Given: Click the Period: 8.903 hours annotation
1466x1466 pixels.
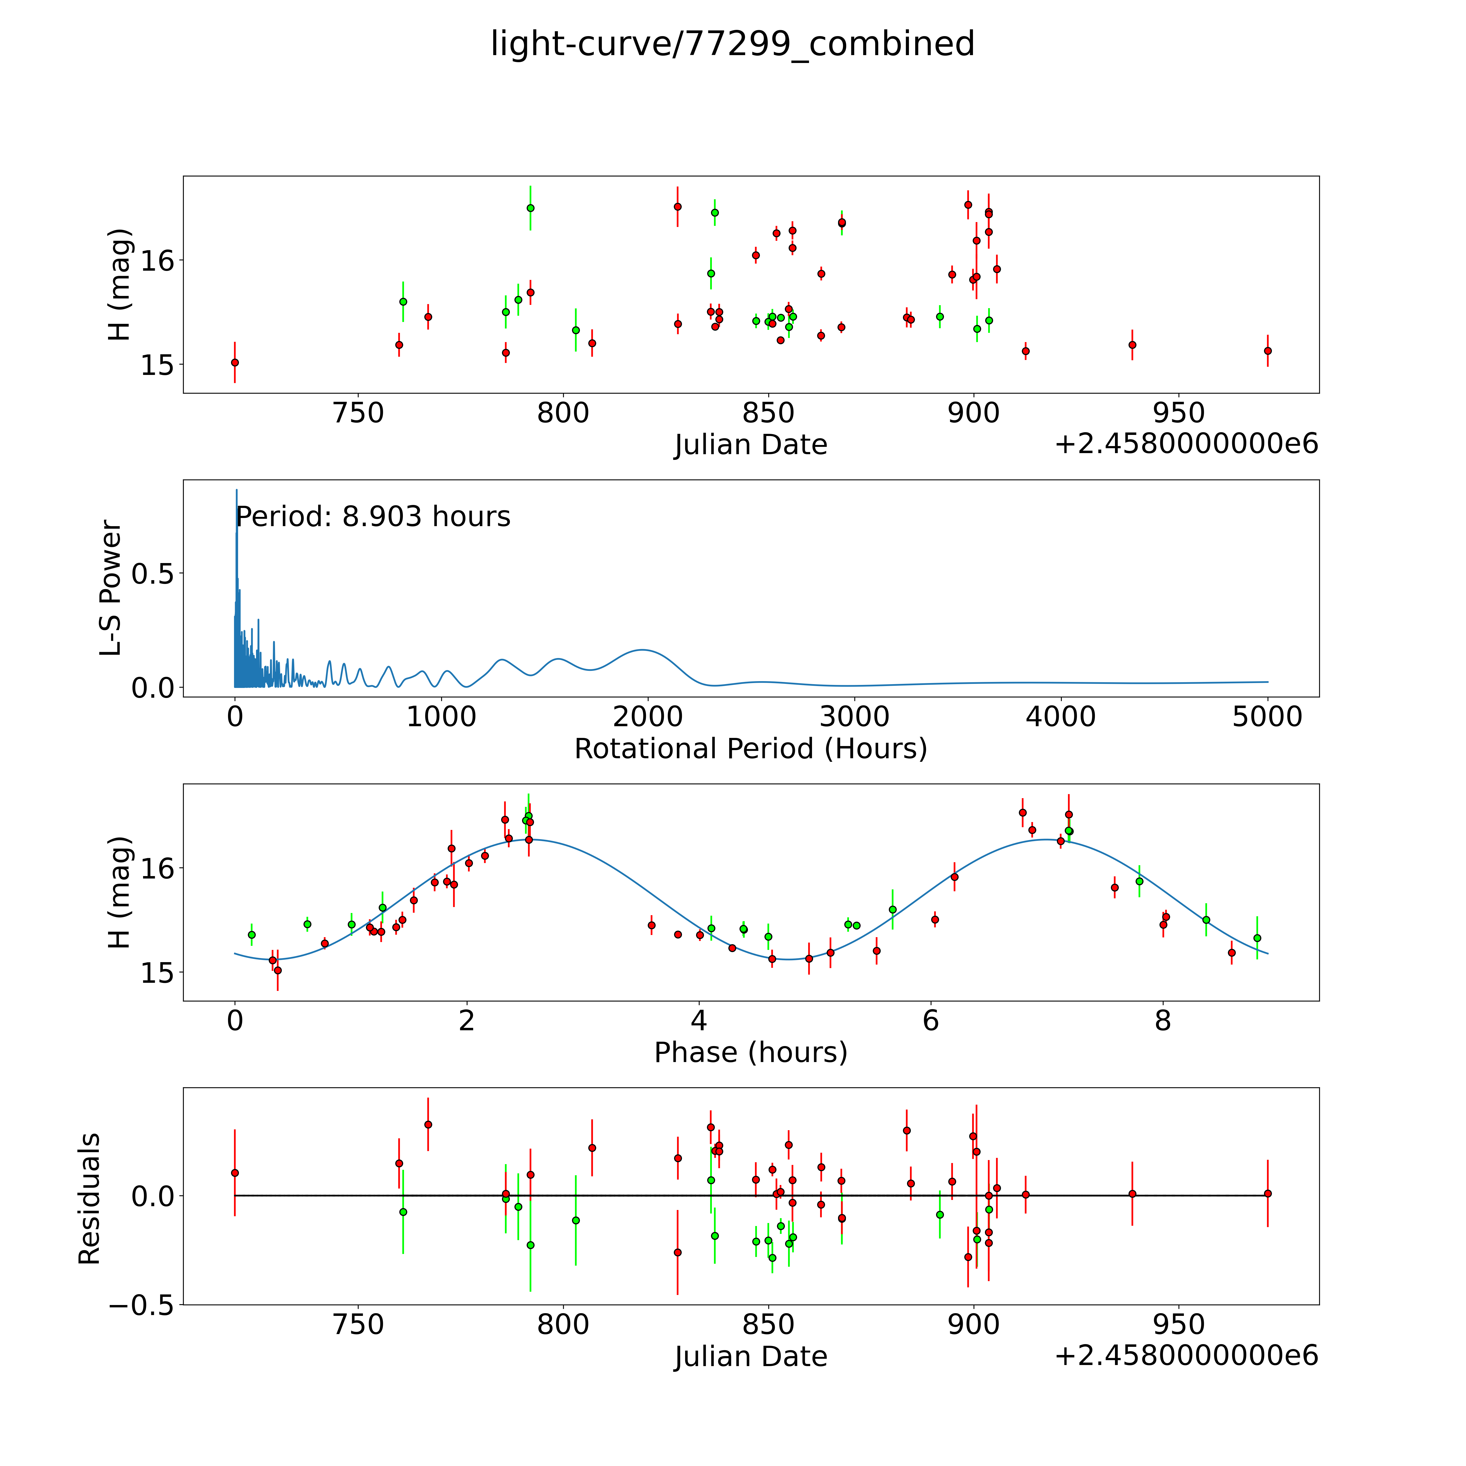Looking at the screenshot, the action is pyautogui.click(x=372, y=517).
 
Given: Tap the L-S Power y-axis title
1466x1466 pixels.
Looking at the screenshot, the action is pyautogui.click(x=111, y=588).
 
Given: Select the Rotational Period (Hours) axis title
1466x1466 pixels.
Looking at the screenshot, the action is pyautogui.click(x=750, y=749).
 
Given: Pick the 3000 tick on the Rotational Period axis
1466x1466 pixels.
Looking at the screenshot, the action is pyautogui.click(x=854, y=716).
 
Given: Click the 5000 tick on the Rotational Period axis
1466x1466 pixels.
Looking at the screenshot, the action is pyautogui.click(x=1267, y=716).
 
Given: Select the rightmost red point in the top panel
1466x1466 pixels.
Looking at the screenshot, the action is pyautogui.click(x=1267, y=350).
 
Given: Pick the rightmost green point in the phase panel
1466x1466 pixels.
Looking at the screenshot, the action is pyautogui.click(x=1257, y=938).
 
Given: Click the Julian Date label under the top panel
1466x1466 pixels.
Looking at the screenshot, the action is pyautogui.click(x=750, y=445).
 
